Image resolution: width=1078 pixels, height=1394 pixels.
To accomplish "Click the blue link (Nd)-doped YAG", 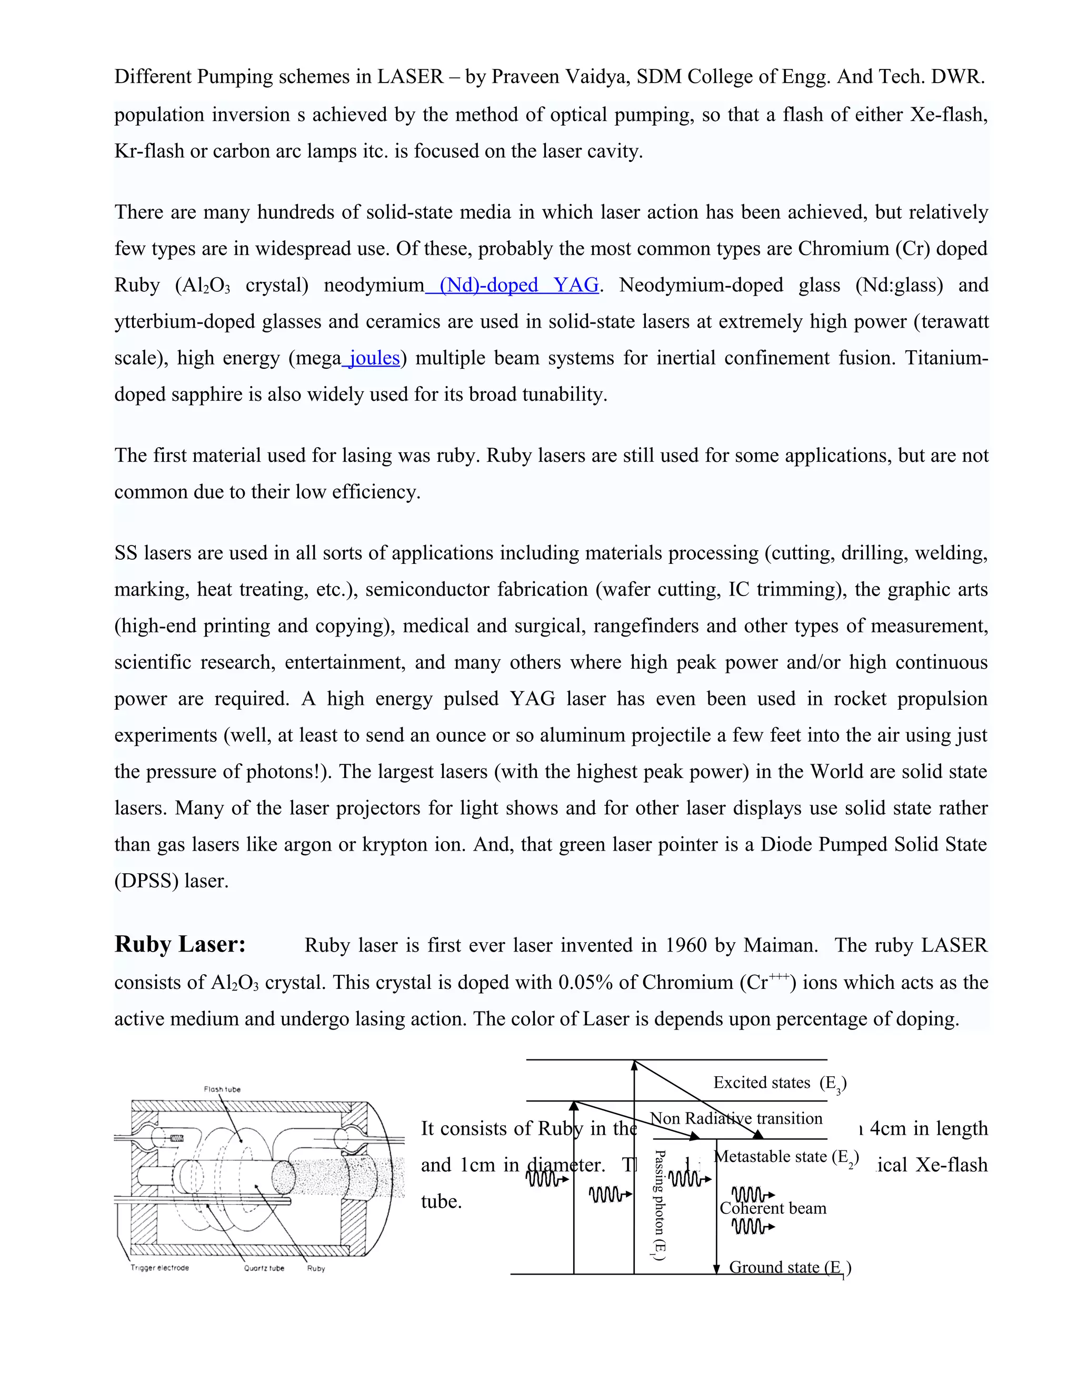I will [518, 285].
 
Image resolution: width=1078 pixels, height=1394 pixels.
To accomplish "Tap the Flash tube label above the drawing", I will [222, 1089].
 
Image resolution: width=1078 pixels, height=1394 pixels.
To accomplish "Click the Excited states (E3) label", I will [780, 1083].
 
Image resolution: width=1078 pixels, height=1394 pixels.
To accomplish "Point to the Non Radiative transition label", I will [736, 1118].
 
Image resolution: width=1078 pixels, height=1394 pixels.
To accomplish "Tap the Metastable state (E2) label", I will [786, 1157].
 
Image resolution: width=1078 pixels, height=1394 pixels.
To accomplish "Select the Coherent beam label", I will [773, 1208].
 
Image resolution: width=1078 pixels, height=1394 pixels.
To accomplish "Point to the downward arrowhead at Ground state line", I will [716, 1268].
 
